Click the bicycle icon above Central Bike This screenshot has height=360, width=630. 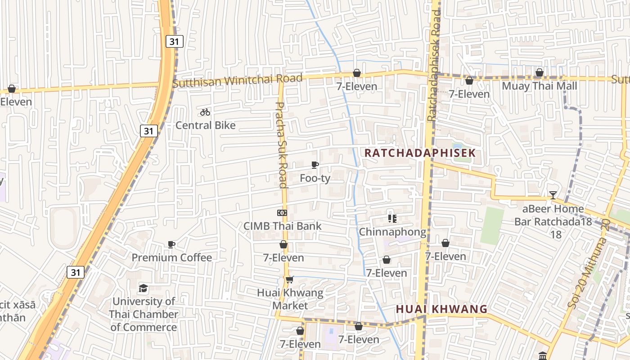coord(205,112)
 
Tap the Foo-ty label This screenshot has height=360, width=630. coord(315,178)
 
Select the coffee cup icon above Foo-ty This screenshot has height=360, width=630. coord(315,165)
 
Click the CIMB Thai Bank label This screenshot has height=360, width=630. coord(283,226)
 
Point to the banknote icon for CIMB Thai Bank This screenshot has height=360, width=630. coord(282,213)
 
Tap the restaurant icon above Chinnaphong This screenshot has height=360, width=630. coord(392,219)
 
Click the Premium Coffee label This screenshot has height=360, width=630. coord(171,257)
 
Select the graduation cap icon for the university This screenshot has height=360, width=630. coord(143,288)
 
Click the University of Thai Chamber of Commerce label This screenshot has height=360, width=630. coord(144,314)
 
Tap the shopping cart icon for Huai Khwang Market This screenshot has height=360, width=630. coord(290,279)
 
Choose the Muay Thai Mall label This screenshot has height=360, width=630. coord(540,85)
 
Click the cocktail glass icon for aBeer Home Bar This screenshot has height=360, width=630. coord(553,195)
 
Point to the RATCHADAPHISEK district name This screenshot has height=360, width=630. coord(419,153)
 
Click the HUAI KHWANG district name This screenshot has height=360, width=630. coord(441,309)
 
